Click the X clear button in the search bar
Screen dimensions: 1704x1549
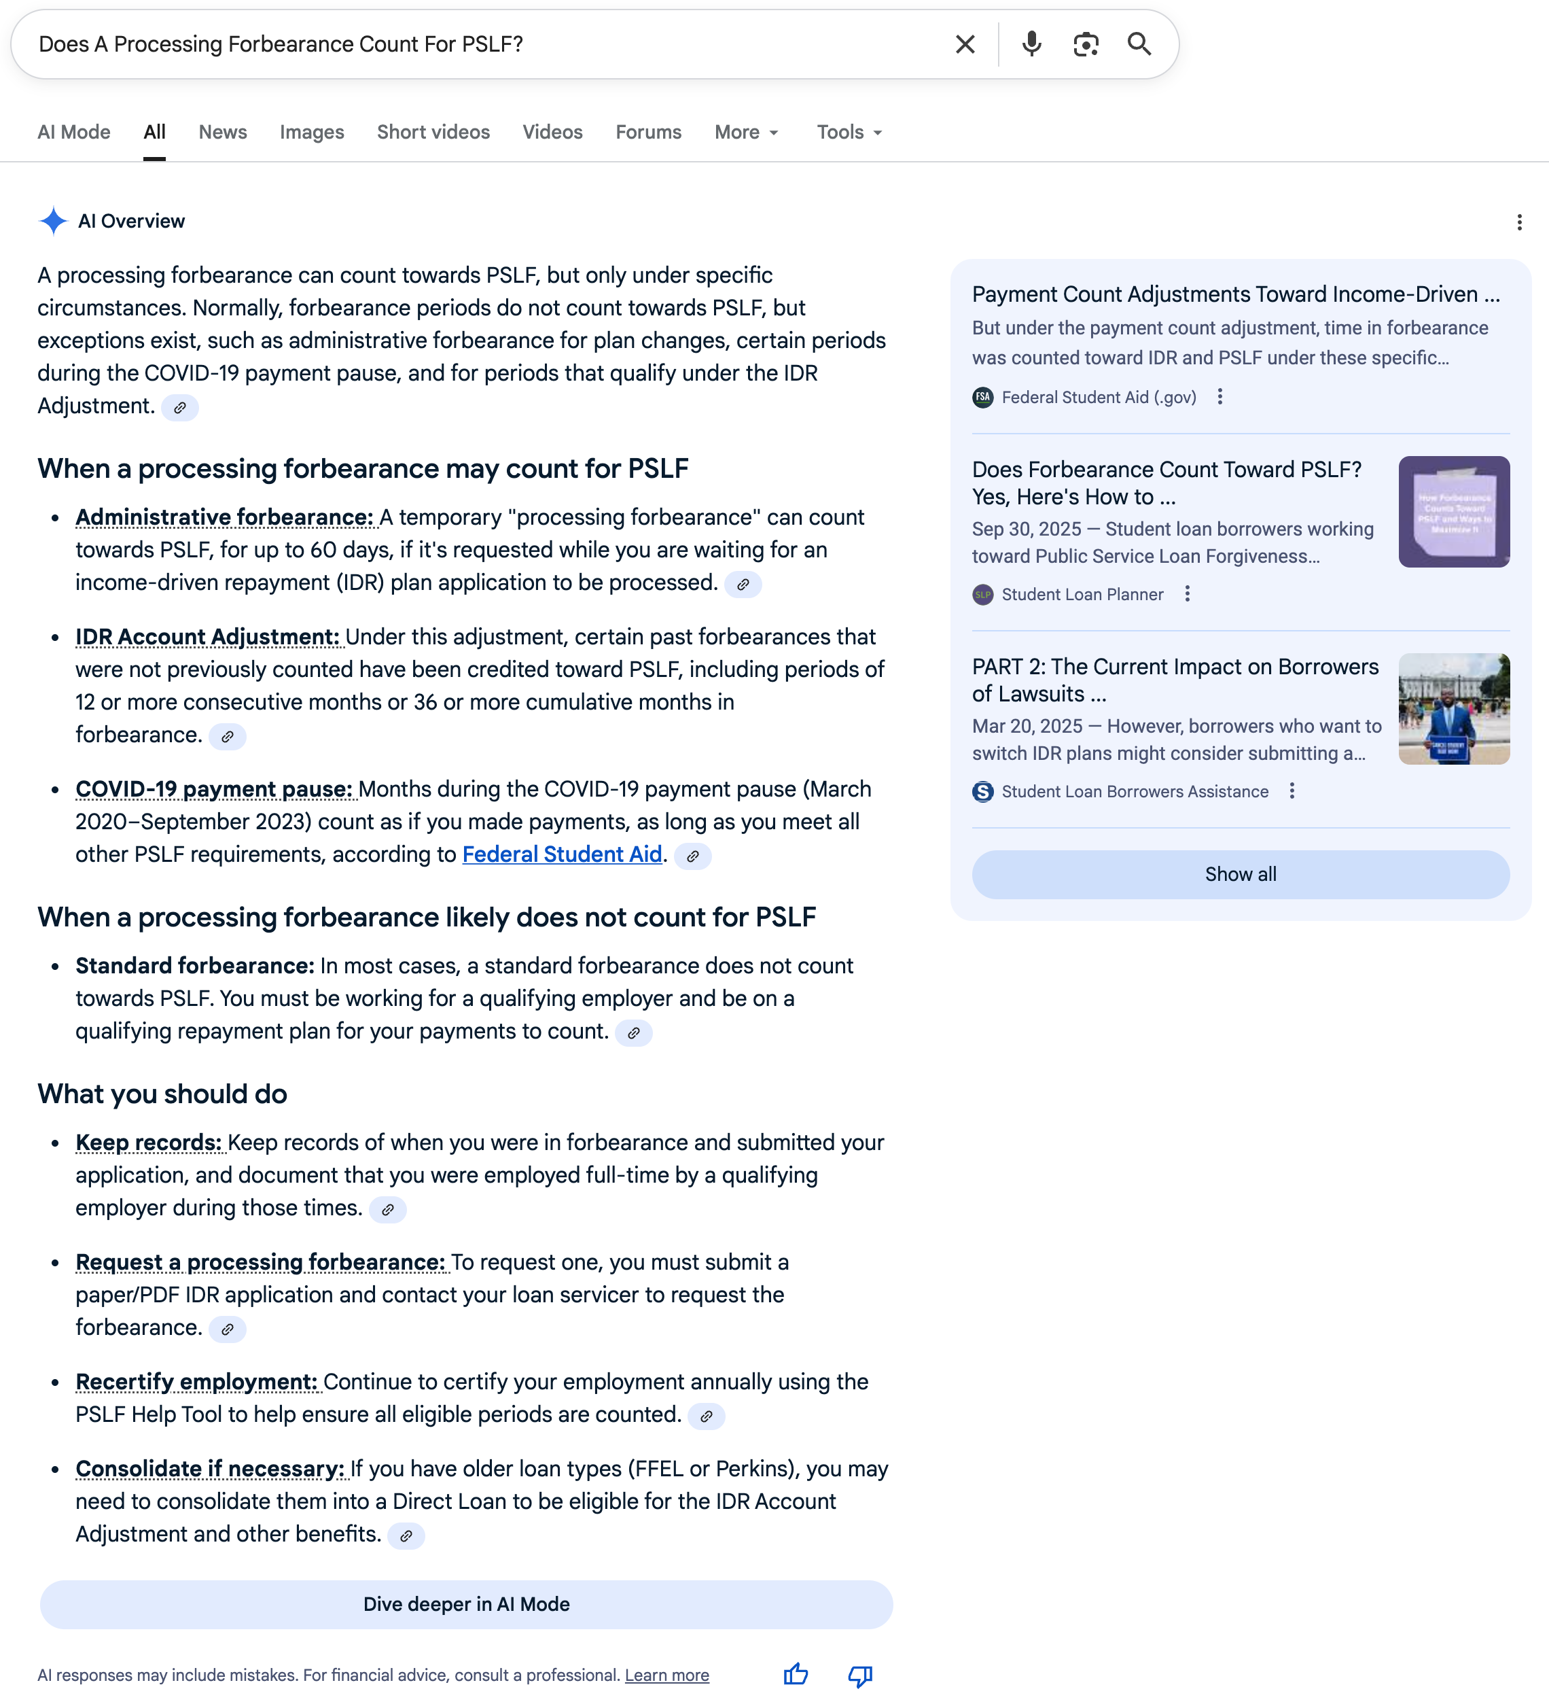pos(965,44)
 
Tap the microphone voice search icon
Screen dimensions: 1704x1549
pos(1031,44)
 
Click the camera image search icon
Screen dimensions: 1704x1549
pos(1086,44)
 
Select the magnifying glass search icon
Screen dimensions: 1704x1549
pos(1139,44)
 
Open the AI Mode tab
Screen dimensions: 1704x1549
pos(73,132)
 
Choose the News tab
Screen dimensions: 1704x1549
pos(222,132)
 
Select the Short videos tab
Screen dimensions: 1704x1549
pos(433,132)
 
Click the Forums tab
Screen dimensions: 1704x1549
pos(648,132)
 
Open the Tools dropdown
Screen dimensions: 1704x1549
pos(849,132)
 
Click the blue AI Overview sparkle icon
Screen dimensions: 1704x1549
pos(53,221)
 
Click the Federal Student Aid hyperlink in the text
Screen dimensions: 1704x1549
pos(562,854)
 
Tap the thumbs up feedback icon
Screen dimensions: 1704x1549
pos(795,1674)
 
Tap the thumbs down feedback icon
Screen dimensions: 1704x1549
pos(860,1674)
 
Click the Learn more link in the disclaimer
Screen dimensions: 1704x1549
pos(666,1675)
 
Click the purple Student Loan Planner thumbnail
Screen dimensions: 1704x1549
pos(1453,511)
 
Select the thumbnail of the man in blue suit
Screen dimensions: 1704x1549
pos(1453,708)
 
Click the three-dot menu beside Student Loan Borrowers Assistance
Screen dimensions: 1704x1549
pos(1292,791)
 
